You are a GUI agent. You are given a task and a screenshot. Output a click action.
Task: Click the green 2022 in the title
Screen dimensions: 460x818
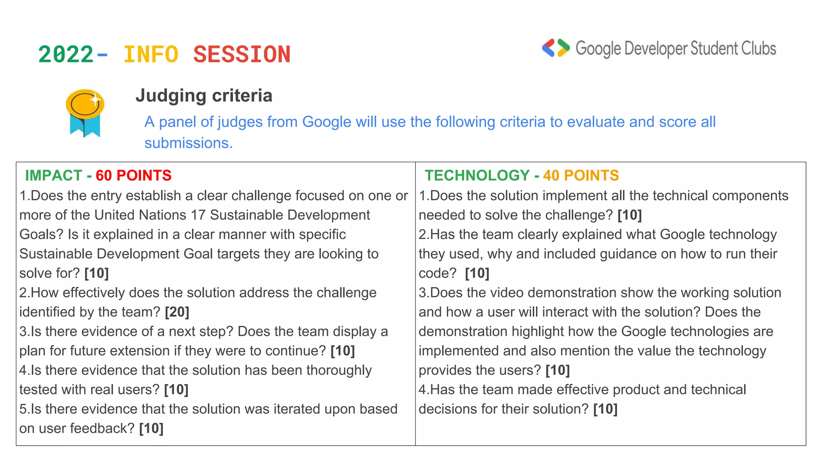click(x=66, y=54)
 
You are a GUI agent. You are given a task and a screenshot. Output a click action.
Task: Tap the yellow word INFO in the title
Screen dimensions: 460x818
click(x=151, y=54)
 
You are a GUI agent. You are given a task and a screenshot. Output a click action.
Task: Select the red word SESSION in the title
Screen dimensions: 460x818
click(x=242, y=54)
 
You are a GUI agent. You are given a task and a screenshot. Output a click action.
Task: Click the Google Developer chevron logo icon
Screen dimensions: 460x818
click(x=556, y=48)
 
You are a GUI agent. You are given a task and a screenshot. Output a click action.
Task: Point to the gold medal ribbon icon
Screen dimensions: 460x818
click(x=85, y=113)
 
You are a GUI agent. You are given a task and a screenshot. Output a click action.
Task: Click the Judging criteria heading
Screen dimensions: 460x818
click(x=204, y=96)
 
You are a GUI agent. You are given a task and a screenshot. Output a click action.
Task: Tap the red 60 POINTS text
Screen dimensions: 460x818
click(x=133, y=175)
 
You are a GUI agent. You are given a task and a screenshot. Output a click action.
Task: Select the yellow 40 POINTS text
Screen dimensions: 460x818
click(x=581, y=175)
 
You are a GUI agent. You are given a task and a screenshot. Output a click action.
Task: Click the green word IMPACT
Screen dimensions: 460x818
click(x=54, y=175)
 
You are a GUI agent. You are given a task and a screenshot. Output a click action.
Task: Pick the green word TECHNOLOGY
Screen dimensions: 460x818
click(x=477, y=175)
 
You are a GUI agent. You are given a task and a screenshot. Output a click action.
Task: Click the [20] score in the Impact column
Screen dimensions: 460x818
click(x=177, y=312)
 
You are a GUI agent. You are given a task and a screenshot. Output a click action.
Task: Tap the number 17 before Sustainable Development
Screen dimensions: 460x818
click(x=198, y=215)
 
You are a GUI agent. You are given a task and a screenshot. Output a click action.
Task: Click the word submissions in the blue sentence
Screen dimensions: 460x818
click(x=189, y=143)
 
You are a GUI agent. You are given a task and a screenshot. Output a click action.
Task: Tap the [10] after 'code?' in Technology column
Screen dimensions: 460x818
click(x=477, y=273)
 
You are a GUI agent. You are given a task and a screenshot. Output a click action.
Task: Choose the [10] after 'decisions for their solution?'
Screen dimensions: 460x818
click(x=605, y=409)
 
